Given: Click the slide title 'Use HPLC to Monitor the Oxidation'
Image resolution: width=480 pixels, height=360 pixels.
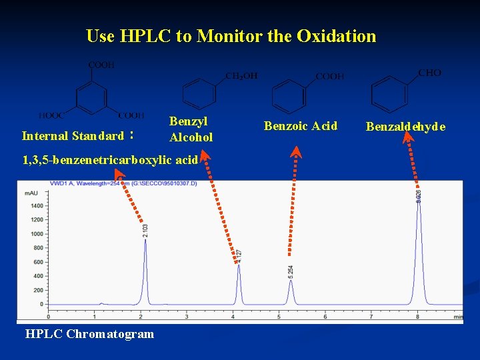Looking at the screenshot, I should click(x=231, y=36).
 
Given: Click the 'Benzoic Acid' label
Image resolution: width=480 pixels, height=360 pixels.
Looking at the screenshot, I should click(x=301, y=126).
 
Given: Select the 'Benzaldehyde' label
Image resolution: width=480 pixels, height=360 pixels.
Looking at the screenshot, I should click(x=405, y=127).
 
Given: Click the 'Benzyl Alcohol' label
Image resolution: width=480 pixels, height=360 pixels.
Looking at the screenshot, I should click(x=191, y=129).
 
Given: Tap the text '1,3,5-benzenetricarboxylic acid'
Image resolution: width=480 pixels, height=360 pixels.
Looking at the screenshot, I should click(x=110, y=160).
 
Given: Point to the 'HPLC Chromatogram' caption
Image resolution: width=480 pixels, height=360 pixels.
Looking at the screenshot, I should click(x=89, y=334).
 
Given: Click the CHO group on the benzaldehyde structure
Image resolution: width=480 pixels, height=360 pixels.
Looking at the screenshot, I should click(x=430, y=73).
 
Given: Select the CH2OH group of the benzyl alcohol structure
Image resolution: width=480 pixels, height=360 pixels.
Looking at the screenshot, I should click(x=241, y=76).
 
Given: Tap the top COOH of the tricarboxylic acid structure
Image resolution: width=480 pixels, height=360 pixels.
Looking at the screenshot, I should click(x=101, y=65).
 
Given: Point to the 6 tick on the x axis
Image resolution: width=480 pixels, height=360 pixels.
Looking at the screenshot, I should click(x=325, y=316).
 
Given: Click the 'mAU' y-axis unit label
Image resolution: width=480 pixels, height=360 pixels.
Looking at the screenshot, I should click(x=31, y=193).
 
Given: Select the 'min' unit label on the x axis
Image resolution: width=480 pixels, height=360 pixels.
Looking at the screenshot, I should click(x=458, y=317).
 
